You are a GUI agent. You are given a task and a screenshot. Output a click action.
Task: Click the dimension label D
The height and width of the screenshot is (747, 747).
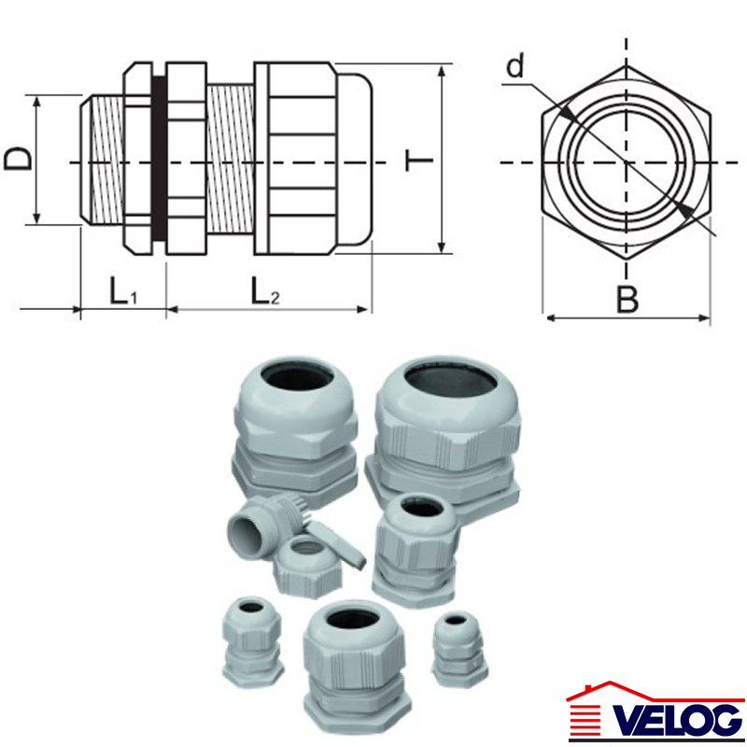coord(18,159)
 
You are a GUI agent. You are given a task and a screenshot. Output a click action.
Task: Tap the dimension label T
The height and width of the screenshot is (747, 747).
coord(418,161)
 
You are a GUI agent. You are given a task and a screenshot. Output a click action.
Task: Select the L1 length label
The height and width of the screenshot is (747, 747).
coord(123,290)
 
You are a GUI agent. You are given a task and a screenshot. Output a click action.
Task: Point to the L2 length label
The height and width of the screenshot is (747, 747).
coord(265,290)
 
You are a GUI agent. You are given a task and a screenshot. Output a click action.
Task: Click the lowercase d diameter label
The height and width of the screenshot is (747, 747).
coord(515,64)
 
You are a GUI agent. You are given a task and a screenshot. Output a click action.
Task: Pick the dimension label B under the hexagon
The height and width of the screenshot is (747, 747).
coord(627,300)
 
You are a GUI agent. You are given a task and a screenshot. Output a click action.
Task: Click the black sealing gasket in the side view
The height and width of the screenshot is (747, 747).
coord(159,158)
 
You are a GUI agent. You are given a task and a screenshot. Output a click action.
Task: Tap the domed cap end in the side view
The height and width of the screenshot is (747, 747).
coord(355,159)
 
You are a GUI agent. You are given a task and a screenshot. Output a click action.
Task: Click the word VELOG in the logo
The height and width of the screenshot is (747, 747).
coord(678,719)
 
